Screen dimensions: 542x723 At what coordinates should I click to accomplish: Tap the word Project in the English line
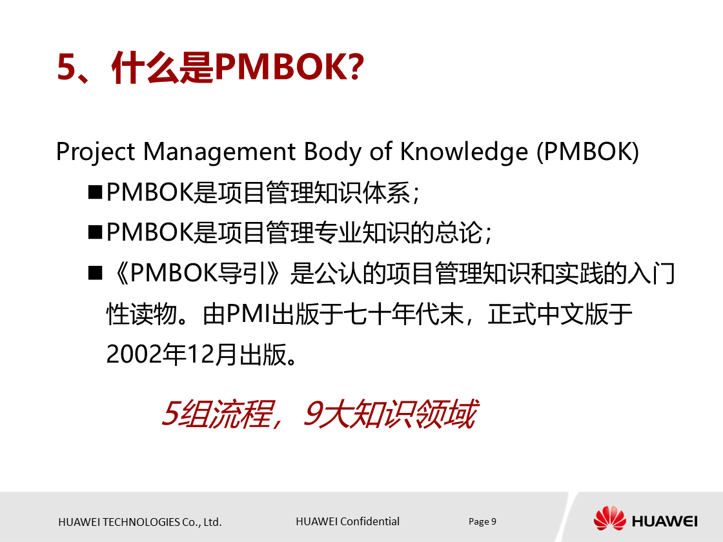(96, 152)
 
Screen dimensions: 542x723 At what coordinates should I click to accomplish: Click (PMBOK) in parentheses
(587, 152)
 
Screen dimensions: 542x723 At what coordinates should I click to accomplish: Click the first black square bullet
(96, 192)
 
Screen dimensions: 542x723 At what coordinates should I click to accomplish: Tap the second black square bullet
(96, 232)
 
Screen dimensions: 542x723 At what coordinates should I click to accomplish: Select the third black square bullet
(96, 274)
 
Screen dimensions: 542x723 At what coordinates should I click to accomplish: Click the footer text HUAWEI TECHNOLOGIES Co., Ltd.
(140, 522)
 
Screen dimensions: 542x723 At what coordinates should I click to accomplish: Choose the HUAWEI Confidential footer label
(347, 521)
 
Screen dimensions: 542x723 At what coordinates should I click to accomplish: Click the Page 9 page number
(482, 521)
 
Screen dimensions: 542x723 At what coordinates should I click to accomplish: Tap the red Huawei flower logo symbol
(609, 519)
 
